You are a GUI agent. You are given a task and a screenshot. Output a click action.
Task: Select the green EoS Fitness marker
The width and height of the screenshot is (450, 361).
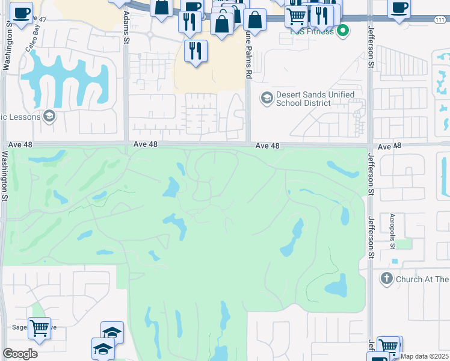click(x=343, y=30)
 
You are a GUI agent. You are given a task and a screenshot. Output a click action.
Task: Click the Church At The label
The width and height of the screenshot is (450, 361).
click(x=422, y=279)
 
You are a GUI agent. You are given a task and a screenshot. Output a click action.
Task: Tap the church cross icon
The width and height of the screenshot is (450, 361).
click(x=386, y=279)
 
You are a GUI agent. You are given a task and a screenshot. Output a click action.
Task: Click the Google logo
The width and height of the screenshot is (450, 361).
click(x=20, y=353)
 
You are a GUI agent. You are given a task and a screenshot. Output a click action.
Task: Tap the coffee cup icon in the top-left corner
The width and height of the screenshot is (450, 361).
click(x=22, y=13)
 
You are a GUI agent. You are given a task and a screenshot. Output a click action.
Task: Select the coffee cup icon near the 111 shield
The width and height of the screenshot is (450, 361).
click(x=399, y=8)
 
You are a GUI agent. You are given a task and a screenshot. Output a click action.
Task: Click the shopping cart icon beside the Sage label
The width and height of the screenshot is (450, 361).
click(x=40, y=329)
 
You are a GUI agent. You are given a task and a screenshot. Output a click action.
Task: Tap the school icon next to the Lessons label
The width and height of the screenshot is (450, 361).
click(x=49, y=116)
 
